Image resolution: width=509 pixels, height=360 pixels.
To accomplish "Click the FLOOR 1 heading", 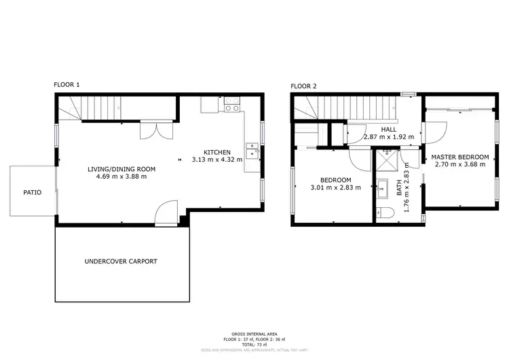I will tap(67, 85).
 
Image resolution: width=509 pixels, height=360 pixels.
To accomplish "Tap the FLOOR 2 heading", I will tap(303, 86).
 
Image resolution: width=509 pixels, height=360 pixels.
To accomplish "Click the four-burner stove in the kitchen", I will tap(231, 105).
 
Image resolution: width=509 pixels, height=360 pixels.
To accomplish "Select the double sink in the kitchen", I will tap(252, 150).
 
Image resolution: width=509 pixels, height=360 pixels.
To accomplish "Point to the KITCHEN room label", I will tap(217, 151).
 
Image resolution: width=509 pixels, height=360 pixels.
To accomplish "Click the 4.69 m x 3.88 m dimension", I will tap(121, 177).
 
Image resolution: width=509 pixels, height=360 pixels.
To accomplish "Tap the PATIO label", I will tap(33, 192).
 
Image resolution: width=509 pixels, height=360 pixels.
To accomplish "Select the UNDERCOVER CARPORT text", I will tap(121, 261).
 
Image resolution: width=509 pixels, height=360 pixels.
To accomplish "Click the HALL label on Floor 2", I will tap(389, 129).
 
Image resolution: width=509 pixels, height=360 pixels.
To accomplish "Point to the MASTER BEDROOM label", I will tap(460, 157).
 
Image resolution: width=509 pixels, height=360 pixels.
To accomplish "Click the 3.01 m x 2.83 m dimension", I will tap(336, 187).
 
